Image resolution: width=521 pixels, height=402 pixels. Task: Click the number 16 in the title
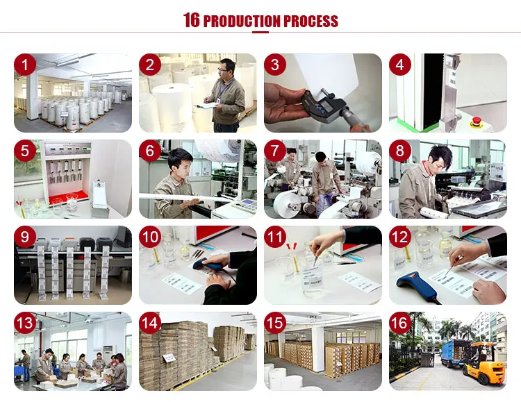[x=192, y=20]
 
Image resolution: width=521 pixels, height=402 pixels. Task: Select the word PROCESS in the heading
[x=311, y=21]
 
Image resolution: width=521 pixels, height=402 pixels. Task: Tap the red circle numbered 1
[x=25, y=65]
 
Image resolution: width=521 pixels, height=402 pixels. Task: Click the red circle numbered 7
[x=275, y=151]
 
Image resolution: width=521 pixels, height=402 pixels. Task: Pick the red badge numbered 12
[x=400, y=237]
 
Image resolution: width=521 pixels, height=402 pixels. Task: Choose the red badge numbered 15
[x=275, y=323]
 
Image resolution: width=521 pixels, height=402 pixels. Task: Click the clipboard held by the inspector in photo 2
[x=206, y=106]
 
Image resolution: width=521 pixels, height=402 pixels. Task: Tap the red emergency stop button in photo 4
[x=476, y=121]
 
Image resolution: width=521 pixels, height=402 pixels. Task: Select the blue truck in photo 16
[x=454, y=353]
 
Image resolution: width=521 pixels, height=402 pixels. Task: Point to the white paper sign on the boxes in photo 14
[x=169, y=358]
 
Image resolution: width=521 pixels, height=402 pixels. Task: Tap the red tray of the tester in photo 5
[x=69, y=197]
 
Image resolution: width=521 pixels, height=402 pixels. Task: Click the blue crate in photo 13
[x=19, y=369]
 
